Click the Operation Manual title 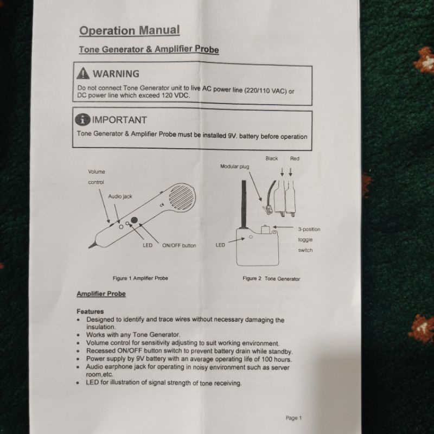tap(130, 30)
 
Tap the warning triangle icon tap(83, 73)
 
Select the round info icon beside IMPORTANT tap(82, 119)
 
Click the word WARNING tap(116, 74)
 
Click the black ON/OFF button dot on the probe tap(134, 220)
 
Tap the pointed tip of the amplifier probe tap(90, 247)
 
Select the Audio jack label tap(120, 196)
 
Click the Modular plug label tap(235, 167)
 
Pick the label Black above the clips tap(272, 158)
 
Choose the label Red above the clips tap(295, 158)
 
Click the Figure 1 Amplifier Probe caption tap(141, 278)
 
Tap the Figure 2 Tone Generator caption tap(271, 279)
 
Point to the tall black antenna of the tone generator tap(244, 205)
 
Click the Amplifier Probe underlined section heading tap(101, 293)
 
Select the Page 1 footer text tap(293, 418)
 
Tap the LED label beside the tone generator tap(220, 245)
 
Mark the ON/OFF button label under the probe tap(179, 246)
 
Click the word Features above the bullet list tap(90, 311)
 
